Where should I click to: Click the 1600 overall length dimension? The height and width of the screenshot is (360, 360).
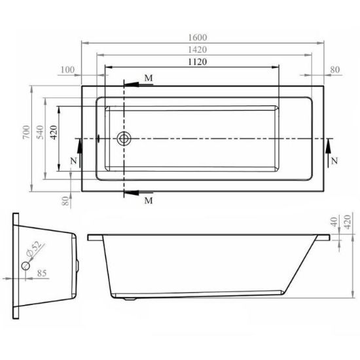198,37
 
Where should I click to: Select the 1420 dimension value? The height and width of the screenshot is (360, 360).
198,50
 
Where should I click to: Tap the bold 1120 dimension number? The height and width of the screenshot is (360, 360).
198,62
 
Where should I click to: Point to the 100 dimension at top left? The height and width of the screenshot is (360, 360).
67,69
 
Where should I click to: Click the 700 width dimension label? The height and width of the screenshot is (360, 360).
26,132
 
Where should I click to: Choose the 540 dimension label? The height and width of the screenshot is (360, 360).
40,132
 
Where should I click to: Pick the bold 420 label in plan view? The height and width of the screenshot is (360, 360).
54,132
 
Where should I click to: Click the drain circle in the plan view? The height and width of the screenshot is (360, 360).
124,139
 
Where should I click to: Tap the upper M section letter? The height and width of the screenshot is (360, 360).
149,79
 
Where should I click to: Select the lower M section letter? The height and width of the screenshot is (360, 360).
149,201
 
